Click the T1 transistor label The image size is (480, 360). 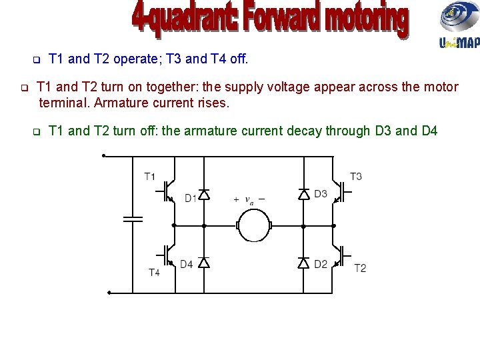(x=150, y=177)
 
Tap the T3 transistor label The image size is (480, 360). (x=356, y=177)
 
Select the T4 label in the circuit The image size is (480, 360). (x=154, y=272)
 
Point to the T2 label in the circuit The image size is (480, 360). (x=360, y=268)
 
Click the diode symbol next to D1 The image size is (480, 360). (x=204, y=195)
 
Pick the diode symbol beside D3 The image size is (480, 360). (x=303, y=195)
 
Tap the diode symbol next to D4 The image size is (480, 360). (x=204, y=263)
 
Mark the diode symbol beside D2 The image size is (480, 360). (x=303, y=263)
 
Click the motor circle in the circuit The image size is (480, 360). (x=253, y=225)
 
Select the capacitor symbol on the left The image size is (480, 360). (x=133, y=219)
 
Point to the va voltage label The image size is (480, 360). (x=249, y=199)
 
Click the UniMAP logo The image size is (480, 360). (x=459, y=27)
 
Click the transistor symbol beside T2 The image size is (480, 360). (x=341, y=255)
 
